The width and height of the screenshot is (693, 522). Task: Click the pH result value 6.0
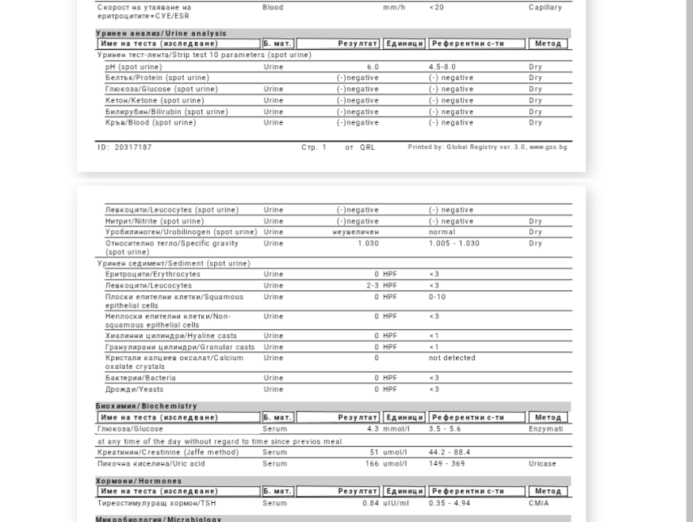coord(373,67)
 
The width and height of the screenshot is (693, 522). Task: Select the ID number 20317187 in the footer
coord(124,148)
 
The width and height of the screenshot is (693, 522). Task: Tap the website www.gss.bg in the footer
coord(548,148)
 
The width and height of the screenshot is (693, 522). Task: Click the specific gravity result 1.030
coord(368,244)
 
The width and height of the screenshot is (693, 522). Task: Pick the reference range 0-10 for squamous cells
coord(438,297)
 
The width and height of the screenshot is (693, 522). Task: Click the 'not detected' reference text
coord(452,358)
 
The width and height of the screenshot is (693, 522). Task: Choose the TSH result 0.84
coord(370,503)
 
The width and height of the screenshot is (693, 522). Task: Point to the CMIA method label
coord(539,503)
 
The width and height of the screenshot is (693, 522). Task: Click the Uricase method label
coord(542,463)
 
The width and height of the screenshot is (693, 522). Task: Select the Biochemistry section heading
coord(147,406)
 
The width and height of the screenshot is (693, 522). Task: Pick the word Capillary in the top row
coord(546,7)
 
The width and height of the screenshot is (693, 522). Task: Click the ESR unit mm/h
coord(393,7)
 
